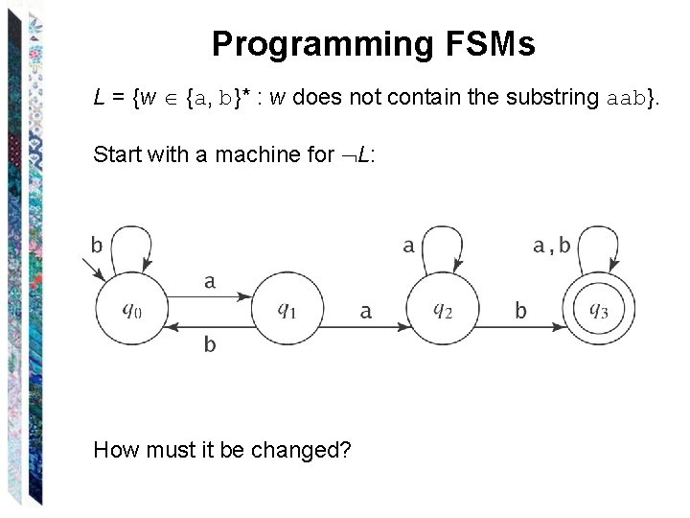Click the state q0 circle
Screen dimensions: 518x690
point(131,310)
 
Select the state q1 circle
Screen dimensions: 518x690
point(287,310)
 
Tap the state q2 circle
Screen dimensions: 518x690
point(442,310)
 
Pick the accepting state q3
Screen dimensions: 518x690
point(597,310)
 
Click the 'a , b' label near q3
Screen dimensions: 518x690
point(551,247)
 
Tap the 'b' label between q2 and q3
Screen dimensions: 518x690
point(520,311)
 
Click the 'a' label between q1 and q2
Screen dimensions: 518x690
point(365,311)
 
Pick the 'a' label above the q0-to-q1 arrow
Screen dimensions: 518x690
point(210,281)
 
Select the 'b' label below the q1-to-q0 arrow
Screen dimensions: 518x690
point(210,345)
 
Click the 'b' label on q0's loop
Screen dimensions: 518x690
point(97,246)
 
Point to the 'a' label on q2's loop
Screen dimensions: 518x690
point(408,247)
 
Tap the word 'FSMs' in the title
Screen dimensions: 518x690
point(495,44)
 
